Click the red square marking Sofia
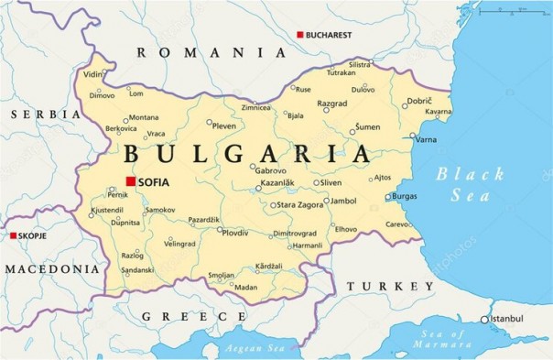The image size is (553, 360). pos(131,181)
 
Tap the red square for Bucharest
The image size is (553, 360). pos(299,35)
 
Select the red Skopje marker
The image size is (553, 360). pos(13,235)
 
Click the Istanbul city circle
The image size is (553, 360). pos(485,320)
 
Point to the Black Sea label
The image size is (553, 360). pos(470,183)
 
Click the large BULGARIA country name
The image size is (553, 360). pos(247,153)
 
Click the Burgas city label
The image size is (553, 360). pos(404,196)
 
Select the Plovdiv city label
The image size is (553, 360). pos(235,234)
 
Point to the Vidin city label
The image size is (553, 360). pos(93,74)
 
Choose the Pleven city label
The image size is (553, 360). pos(224,125)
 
